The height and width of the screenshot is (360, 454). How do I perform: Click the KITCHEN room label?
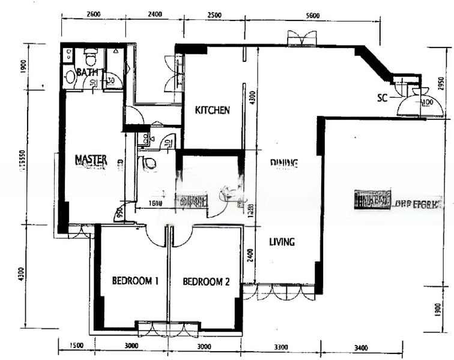point(212,110)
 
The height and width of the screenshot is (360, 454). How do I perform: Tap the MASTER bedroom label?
point(91,160)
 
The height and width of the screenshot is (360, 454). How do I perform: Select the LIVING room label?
point(282,242)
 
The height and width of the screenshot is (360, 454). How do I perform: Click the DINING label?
point(284,163)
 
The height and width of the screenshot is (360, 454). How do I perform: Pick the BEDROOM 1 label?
point(135,281)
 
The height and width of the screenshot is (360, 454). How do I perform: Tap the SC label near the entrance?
point(383,97)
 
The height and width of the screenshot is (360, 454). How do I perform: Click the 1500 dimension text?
point(76,346)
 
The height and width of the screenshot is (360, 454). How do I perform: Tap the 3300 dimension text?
point(280,346)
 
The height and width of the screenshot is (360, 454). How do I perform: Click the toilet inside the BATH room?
point(91,58)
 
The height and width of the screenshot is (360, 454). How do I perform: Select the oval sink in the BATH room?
point(70,76)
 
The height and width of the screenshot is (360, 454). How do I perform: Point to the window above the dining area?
point(302,40)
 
